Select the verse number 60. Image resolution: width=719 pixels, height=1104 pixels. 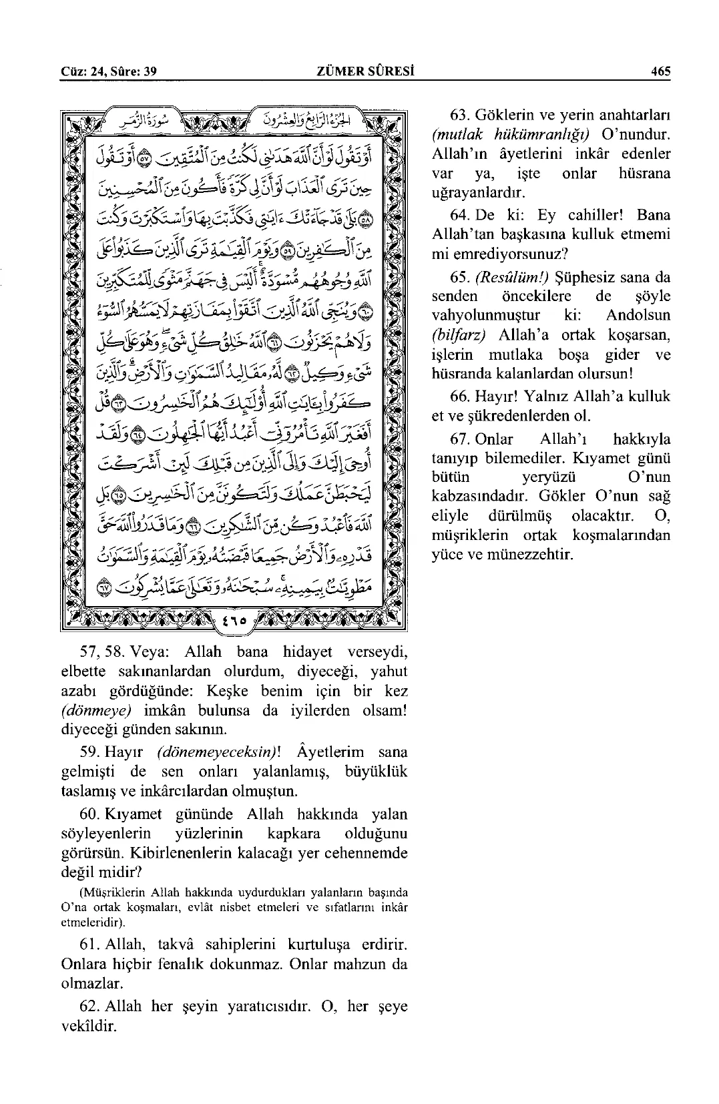(89, 814)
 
